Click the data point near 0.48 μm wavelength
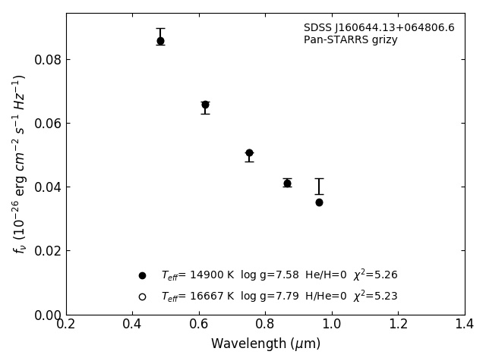point(160,41)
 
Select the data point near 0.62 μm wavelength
point(205,105)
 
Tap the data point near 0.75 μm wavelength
point(249,153)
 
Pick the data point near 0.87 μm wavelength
point(287,183)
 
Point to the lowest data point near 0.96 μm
point(319,202)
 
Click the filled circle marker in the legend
point(142,275)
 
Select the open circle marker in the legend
point(142,297)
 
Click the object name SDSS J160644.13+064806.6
point(379,28)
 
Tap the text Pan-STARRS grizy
point(351,40)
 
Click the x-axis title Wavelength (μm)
point(266,344)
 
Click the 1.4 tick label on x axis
point(465,324)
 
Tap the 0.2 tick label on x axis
point(66,324)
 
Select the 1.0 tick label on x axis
point(332,324)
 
